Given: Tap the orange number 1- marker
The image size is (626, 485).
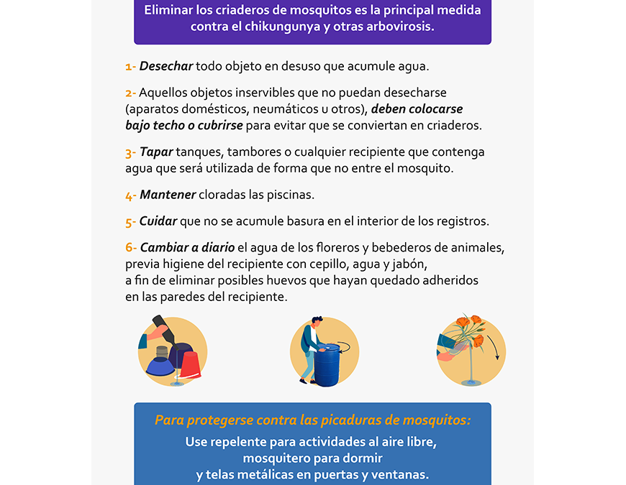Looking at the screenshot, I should (x=130, y=67).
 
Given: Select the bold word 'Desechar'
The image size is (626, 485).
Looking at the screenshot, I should (x=166, y=66).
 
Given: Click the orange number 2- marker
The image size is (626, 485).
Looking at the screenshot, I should (x=130, y=93).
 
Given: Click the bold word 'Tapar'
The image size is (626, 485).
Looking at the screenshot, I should (x=156, y=152).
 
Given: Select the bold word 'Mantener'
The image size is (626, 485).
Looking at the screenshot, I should (x=168, y=195).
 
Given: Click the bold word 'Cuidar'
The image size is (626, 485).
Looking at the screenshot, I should (x=158, y=221).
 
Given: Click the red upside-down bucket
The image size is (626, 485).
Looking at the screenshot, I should (x=191, y=364).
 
